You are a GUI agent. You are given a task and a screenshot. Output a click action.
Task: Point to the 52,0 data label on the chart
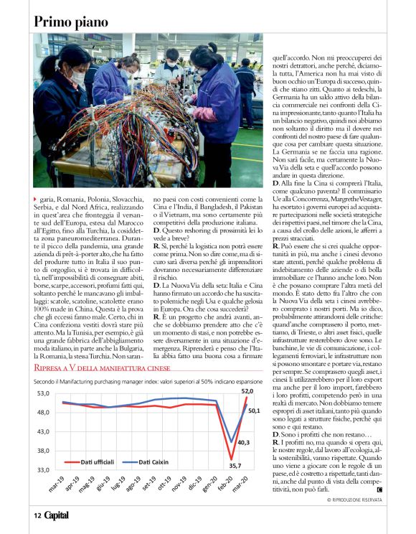coord(247,391)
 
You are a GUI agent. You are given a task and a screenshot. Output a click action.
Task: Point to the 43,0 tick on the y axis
coord(42,431)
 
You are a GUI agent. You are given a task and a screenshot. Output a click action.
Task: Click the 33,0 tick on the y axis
coord(42,469)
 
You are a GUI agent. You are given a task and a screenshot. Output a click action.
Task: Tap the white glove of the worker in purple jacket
coord(189,100)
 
